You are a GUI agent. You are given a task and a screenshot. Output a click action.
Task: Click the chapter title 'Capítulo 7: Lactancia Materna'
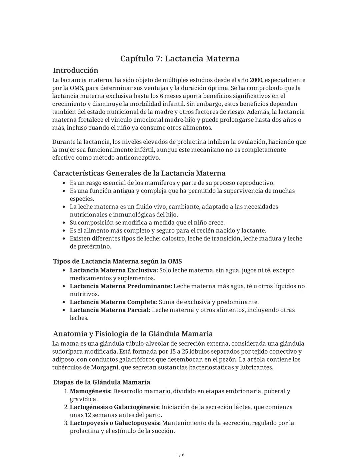coord(180,59)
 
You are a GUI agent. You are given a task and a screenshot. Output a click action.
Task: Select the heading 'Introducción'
coord(76,70)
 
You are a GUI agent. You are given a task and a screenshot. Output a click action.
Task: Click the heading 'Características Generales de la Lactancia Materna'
coord(139,173)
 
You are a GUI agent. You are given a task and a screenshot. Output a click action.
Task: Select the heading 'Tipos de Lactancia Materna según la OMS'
coord(117,261)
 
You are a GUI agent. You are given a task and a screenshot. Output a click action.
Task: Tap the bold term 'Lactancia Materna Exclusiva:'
coord(114,270)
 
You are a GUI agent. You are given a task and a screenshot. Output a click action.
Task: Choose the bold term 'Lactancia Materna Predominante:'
coord(121,286)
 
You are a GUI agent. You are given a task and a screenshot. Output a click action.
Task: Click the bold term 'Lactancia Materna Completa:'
coord(113,302)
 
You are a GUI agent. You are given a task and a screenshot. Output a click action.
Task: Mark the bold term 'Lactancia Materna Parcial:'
coord(110,310)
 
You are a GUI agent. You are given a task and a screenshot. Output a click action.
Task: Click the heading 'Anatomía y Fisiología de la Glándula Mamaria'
coord(133,334)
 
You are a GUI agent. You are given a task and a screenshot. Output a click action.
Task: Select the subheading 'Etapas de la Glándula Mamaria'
coord(102,382)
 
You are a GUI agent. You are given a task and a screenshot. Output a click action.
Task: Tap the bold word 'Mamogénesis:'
coord(91,391)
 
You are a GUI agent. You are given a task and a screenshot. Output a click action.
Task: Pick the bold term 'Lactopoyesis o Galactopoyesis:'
coord(115,423)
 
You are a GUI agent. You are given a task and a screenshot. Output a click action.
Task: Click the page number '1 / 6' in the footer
coord(180,455)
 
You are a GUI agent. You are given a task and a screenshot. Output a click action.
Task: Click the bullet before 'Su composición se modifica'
coord(64,223)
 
